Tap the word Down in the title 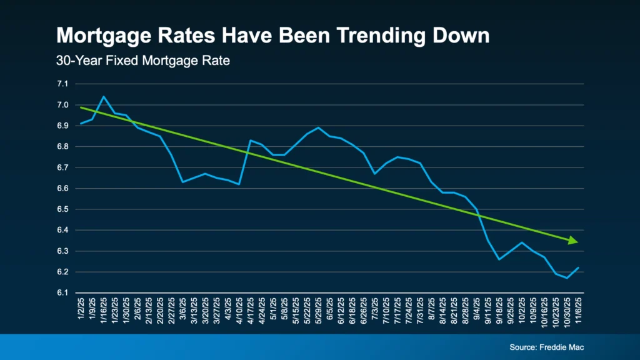(x=459, y=36)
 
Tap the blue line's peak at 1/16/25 (x=103, y=97)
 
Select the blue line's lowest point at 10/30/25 (x=567, y=278)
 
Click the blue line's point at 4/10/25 (x=239, y=184)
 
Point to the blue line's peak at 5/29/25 (x=319, y=127)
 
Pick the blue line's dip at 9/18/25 (x=499, y=259)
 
